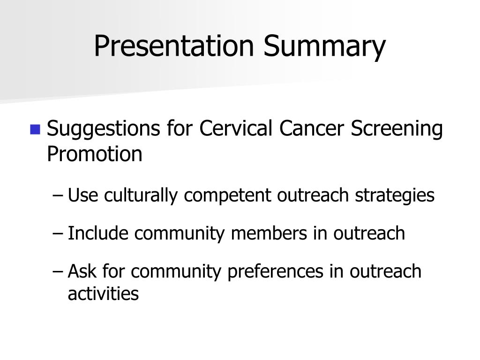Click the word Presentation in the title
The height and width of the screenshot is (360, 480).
[x=174, y=45]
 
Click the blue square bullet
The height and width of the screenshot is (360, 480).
[x=35, y=129]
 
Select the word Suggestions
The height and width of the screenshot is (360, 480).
[x=103, y=129]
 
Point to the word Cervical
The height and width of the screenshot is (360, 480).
[x=236, y=127]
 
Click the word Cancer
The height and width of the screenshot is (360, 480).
[x=311, y=128]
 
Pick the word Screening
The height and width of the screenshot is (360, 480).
[x=397, y=129]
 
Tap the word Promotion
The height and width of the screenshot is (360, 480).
[x=95, y=153]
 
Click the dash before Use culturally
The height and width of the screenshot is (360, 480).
[x=58, y=195]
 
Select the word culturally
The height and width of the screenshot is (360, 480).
[x=141, y=196]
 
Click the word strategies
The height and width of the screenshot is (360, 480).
[x=395, y=196]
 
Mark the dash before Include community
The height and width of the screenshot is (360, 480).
[x=58, y=233]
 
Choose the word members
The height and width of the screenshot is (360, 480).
[x=269, y=233]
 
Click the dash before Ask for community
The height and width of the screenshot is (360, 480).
[x=58, y=271]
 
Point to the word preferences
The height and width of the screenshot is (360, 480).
[x=276, y=272]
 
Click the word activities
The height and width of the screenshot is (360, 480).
[x=103, y=293]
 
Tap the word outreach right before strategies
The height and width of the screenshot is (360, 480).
[x=313, y=195]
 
